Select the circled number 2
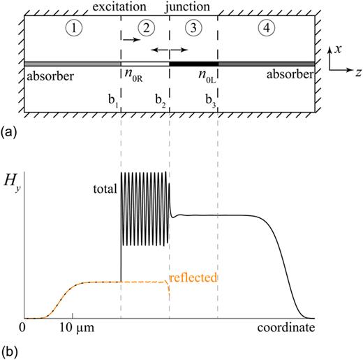[x=145, y=29]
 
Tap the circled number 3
[x=194, y=29]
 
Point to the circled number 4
[x=266, y=29]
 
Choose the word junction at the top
[x=200, y=6]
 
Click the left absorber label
[x=47, y=75]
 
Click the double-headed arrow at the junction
[x=170, y=50]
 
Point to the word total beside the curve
[x=105, y=187]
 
